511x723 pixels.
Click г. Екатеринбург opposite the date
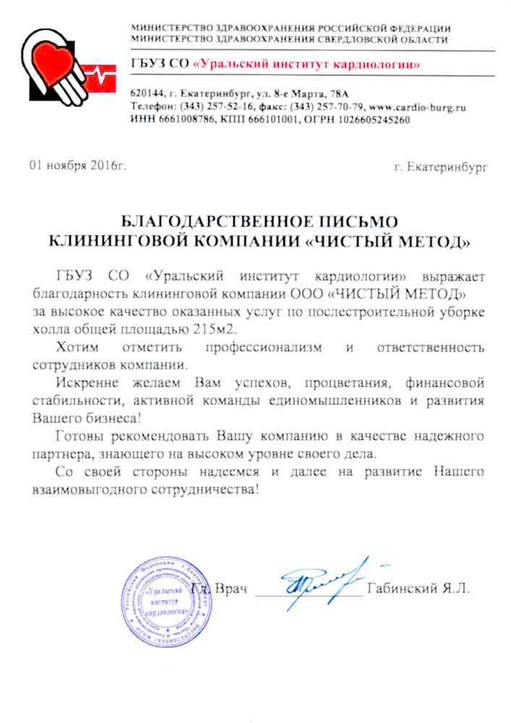point(441,168)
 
